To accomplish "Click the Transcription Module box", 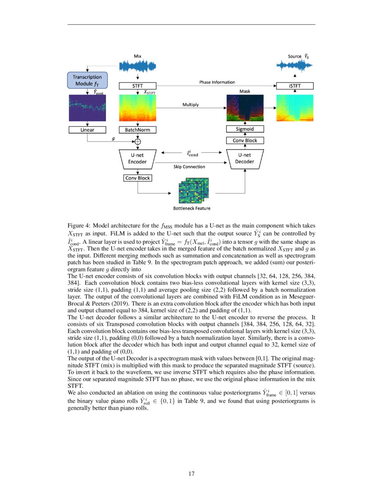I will pos(87,80).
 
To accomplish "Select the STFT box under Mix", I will pos(137,86).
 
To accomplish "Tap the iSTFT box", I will pos(295,86).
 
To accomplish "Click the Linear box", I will pos(87,130).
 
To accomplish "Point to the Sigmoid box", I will pos(245,129).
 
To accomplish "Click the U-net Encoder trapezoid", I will pos(137,158).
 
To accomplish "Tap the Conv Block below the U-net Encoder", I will pos(137,178).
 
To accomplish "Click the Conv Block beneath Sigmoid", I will pos(245,140).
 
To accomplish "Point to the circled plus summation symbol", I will pos(138,142).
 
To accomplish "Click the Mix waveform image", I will pos(137,66).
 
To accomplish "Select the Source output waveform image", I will pos(295,66).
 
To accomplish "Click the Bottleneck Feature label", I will pos(191,208).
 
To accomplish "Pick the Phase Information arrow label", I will pos(217,82).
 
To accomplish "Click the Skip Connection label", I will pos(189,166).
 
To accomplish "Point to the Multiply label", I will pos(191,105).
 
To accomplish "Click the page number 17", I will pos(191,473).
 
